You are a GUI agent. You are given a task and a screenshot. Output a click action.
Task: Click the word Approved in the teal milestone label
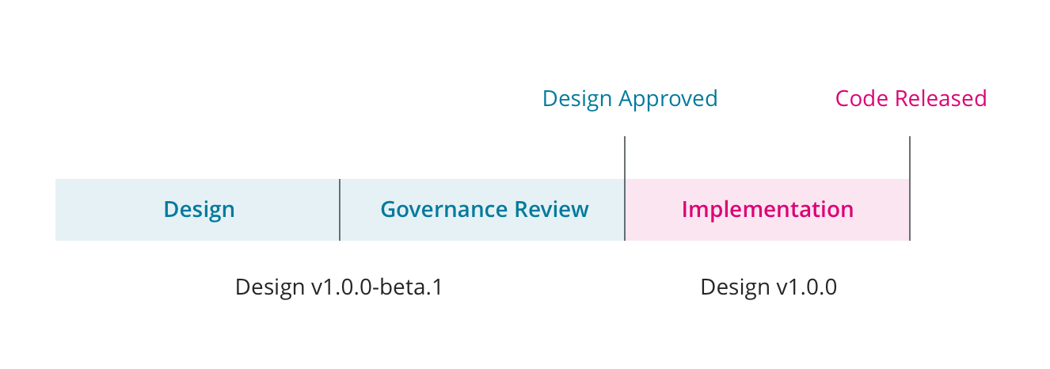668,100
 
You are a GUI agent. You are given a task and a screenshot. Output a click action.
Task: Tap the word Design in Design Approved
577,99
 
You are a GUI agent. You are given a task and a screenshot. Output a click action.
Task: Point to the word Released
941,99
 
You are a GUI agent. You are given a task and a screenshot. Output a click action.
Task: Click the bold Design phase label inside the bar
199,210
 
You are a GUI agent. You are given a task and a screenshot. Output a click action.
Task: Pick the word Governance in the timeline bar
444,210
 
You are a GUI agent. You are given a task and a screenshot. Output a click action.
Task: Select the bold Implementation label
767,210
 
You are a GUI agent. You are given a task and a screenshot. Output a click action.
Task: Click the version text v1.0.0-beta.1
377,287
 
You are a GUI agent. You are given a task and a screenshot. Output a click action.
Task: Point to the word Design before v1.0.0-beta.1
270,287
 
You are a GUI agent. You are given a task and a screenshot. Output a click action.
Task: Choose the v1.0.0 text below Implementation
805,287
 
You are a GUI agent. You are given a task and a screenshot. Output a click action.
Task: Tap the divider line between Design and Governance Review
340,210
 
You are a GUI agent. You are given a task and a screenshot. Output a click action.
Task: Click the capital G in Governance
388,210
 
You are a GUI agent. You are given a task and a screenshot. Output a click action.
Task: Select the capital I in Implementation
685,210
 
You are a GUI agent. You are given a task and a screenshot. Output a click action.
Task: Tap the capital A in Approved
626,99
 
